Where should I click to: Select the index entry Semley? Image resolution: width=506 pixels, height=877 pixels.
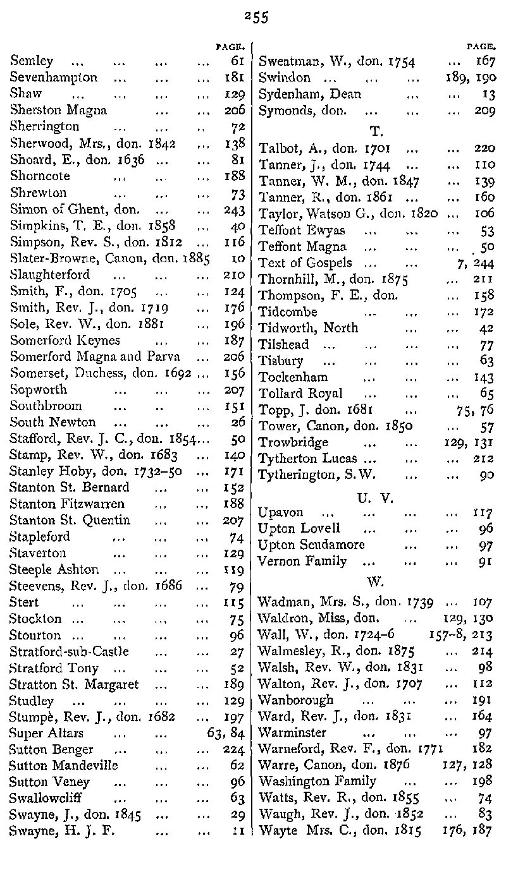click(x=32, y=61)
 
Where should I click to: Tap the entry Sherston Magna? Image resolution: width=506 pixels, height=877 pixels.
click(x=58, y=111)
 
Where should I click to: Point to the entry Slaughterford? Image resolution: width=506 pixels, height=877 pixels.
click(x=50, y=275)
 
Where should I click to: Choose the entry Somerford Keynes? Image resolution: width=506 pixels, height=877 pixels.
click(x=65, y=341)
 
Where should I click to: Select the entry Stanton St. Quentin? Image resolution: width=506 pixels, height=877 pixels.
click(x=70, y=521)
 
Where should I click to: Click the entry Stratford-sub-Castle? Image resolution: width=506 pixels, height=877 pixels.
click(x=69, y=651)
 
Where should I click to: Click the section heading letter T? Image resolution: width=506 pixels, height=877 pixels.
click(x=376, y=131)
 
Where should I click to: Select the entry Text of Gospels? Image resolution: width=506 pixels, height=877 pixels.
click(x=305, y=262)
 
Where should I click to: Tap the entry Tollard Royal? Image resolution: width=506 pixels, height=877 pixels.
click(x=301, y=394)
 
